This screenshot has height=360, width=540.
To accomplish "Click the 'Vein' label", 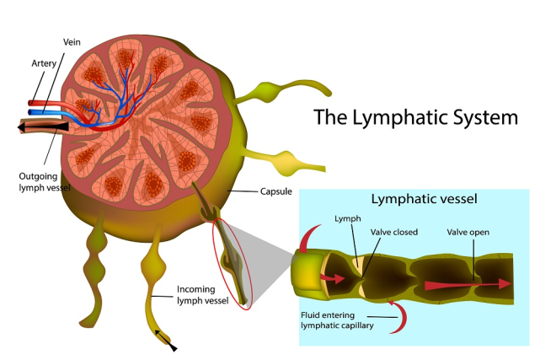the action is point(72,42).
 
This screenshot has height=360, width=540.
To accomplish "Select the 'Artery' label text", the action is point(44,63).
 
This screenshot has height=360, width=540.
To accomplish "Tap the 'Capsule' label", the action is point(275,191).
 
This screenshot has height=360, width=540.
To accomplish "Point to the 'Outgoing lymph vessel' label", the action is point(45,182).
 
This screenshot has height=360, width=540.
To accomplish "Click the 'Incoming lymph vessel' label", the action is point(202,295).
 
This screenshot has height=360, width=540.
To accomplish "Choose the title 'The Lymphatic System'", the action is point(415,117).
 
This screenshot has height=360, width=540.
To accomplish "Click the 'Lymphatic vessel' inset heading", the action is point(424,199).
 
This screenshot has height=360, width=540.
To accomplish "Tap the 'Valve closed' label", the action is point(394,232).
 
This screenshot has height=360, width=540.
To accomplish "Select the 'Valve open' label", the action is point(468,232).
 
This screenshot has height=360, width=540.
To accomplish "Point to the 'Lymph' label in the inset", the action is point(347,218).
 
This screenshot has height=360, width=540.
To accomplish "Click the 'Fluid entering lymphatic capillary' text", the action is point(337,320).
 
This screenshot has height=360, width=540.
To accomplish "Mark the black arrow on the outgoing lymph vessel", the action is point(43,127).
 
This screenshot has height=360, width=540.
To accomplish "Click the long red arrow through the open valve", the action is point(468,285).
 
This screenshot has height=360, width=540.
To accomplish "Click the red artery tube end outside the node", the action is point(31,103).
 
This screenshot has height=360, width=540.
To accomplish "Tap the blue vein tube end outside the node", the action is point(31,112).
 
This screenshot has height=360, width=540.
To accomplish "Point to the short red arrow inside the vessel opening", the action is point(332,277).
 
